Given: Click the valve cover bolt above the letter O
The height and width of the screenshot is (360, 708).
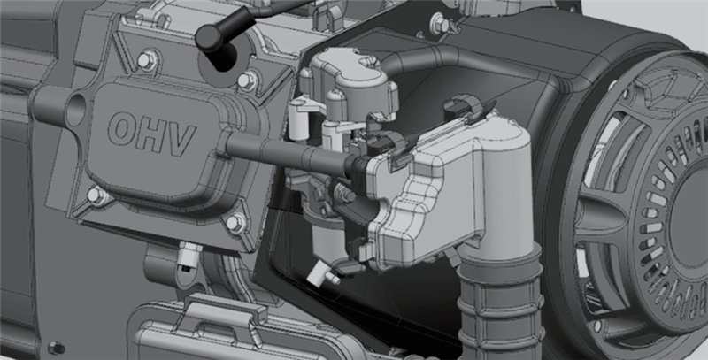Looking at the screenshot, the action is pyautogui.click(x=146, y=60).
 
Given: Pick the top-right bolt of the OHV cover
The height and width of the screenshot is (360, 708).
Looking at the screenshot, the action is pyautogui.click(x=246, y=80).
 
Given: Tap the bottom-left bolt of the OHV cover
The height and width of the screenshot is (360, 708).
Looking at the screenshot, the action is pyautogui.click(x=96, y=195).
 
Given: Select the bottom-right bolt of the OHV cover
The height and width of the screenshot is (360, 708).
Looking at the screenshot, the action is pyautogui.click(x=235, y=222).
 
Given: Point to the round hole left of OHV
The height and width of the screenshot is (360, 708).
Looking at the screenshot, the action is pyautogui.click(x=75, y=110).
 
